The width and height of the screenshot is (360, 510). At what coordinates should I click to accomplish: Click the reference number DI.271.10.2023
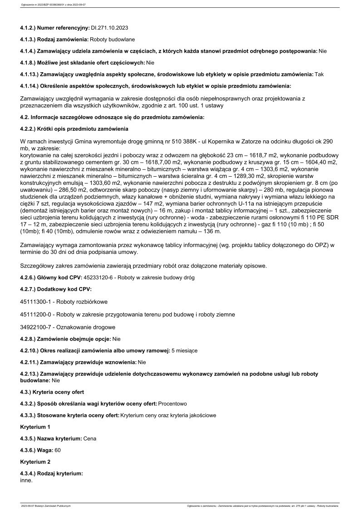pyautogui.click(x=109, y=28)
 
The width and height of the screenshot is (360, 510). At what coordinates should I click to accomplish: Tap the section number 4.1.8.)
pyautogui.click(x=29, y=62)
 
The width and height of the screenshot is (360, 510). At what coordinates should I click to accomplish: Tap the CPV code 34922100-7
pyautogui.click(x=37, y=327)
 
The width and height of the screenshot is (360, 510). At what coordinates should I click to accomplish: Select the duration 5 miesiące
pyautogui.click(x=184, y=351)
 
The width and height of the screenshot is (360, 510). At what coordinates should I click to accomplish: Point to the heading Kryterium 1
pyautogui.click(x=35, y=427)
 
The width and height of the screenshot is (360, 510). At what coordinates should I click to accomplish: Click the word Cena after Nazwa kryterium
pyautogui.click(x=90, y=438)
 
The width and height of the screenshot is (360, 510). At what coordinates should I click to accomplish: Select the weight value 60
pyautogui.click(x=58, y=450)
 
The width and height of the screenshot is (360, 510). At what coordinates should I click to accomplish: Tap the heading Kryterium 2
pyautogui.click(x=35, y=462)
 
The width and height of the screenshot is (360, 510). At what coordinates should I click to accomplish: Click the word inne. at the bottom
pyautogui.click(x=27, y=480)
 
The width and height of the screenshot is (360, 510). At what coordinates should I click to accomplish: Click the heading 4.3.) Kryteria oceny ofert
pyautogui.click(x=52, y=391)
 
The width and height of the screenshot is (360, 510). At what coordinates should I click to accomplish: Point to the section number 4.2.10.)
pyautogui.click(x=30, y=351)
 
